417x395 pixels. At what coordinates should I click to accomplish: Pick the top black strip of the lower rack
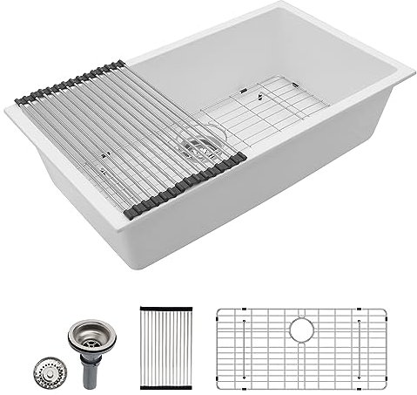coord(165,307)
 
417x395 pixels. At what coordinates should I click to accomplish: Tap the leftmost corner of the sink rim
coord(7,107)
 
